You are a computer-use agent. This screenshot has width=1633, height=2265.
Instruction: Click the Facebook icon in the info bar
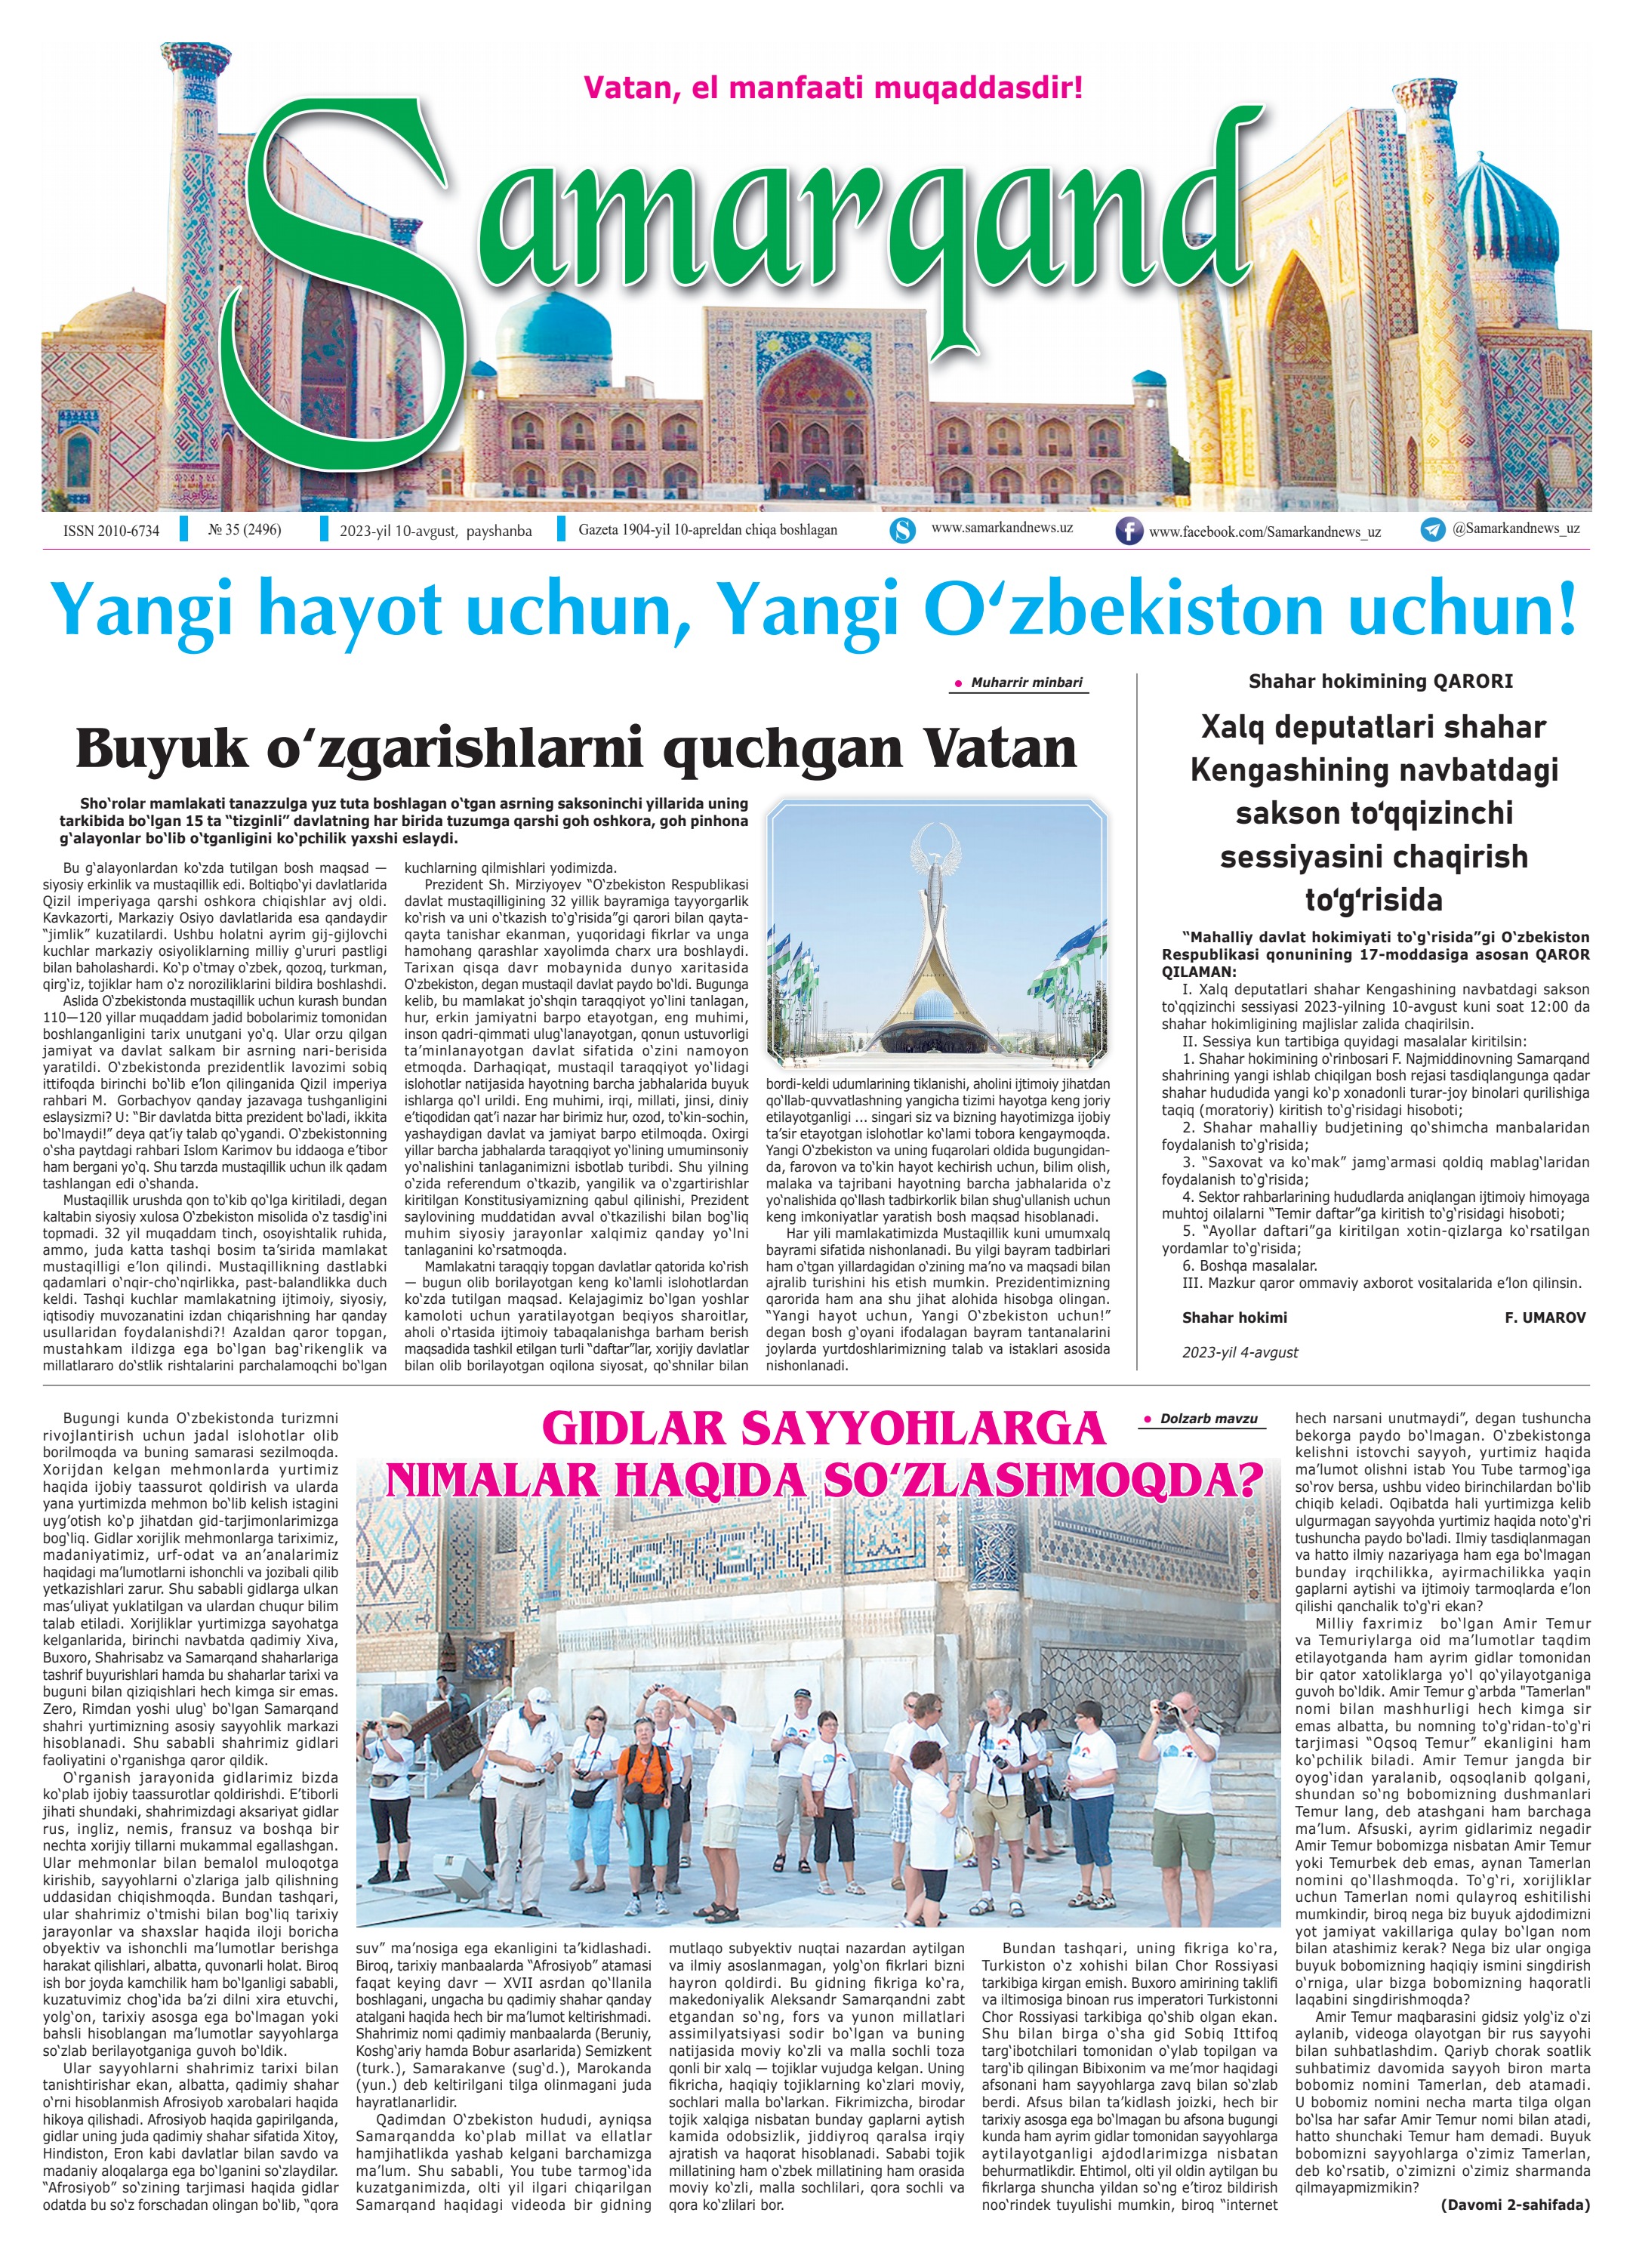click(1129, 532)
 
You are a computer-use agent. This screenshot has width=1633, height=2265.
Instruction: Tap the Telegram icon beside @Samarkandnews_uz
click(1433, 530)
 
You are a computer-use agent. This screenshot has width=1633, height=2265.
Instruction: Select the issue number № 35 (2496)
click(245, 530)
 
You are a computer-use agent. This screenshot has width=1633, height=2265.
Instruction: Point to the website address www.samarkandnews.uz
click(1002, 527)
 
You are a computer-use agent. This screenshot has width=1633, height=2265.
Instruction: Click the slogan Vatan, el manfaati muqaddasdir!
click(832, 88)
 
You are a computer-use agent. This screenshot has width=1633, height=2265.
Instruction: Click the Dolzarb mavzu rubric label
click(1207, 1418)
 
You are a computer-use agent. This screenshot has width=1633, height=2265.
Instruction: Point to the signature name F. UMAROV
click(1544, 1317)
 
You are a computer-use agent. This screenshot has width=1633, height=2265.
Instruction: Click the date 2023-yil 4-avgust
click(1240, 1352)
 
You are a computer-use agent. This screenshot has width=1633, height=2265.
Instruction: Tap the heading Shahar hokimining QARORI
click(1380, 681)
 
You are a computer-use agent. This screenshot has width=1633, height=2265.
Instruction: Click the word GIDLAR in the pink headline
click(653, 1429)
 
